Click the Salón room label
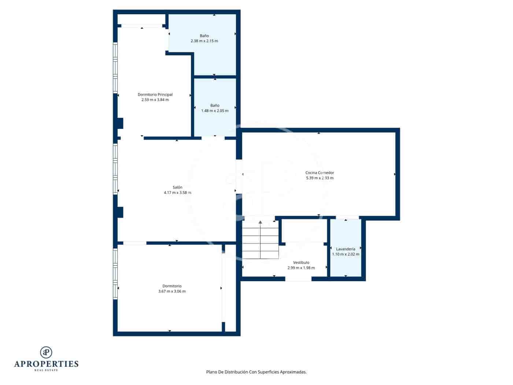[177, 187]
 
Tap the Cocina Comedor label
[320, 173]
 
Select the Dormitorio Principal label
[155, 95]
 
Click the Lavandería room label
[346, 249]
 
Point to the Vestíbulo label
[301, 263]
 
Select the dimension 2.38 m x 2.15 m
[204, 41]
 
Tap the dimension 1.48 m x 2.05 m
[215, 111]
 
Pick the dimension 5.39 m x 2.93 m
[320, 178]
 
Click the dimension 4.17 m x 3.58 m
[177, 192]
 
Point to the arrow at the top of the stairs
[260, 222]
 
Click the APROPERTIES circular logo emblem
[46, 352]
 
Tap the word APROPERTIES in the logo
[46, 364]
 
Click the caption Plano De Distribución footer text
[256, 372]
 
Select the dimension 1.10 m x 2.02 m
[346, 254]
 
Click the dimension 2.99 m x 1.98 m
[301, 268]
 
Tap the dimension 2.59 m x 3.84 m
[155, 100]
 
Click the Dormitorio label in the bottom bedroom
[172, 286]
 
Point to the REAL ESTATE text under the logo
[46, 370]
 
